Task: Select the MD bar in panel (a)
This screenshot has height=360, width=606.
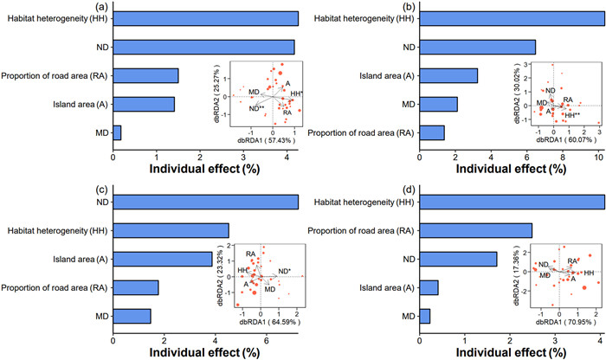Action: (117, 132)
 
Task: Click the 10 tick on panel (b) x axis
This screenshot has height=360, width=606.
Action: (598, 157)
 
